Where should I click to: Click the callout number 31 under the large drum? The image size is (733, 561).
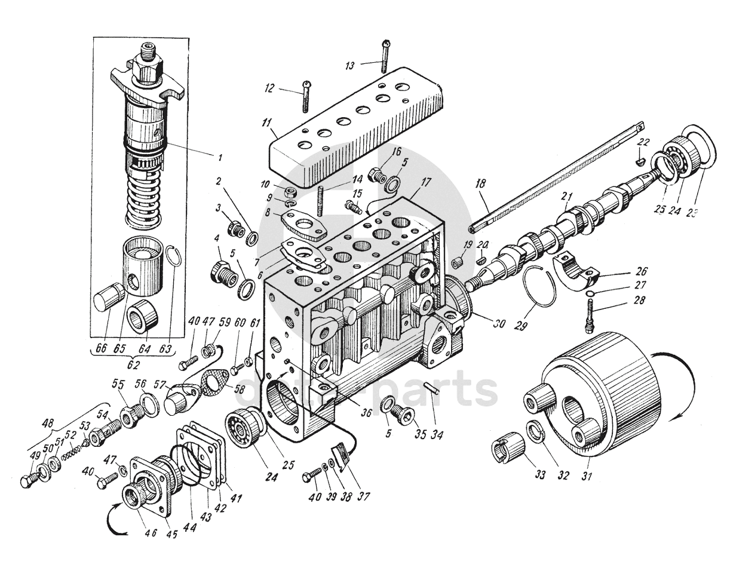point(586,477)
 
